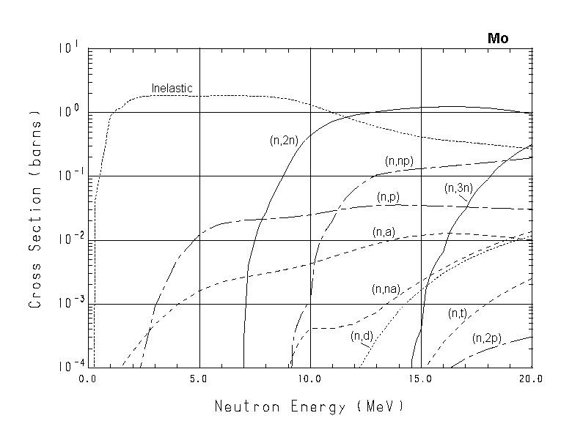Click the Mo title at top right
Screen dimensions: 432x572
pyautogui.click(x=498, y=38)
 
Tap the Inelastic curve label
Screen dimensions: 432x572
pyautogui.click(x=172, y=89)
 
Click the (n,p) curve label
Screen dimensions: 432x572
pyautogui.click(x=389, y=197)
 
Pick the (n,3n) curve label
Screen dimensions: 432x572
pyautogui.click(x=458, y=188)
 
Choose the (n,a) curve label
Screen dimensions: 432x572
pyautogui.click(x=384, y=232)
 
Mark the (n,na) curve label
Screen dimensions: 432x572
pyautogui.click(x=385, y=289)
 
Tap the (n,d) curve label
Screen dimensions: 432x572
pyautogui.click(x=362, y=336)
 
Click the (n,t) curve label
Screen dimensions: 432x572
pyautogui.click(x=458, y=313)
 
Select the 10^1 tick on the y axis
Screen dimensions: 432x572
pyautogui.click(x=68, y=48)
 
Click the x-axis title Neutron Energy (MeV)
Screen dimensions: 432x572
pyautogui.click(x=309, y=406)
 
